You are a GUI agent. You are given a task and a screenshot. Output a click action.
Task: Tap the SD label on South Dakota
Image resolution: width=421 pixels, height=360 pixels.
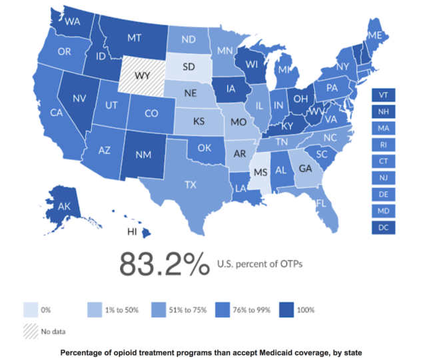[x=189, y=67]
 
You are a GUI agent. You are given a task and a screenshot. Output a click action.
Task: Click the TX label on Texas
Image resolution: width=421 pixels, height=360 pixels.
[x=191, y=184]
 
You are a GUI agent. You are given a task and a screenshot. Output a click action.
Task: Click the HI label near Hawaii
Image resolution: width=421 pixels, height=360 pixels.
[x=133, y=231]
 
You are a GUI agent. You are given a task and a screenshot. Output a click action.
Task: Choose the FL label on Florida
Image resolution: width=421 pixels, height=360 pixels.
[x=320, y=203]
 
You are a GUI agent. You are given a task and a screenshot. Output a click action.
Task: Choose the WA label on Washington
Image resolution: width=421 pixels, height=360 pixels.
[x=73, y=20]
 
